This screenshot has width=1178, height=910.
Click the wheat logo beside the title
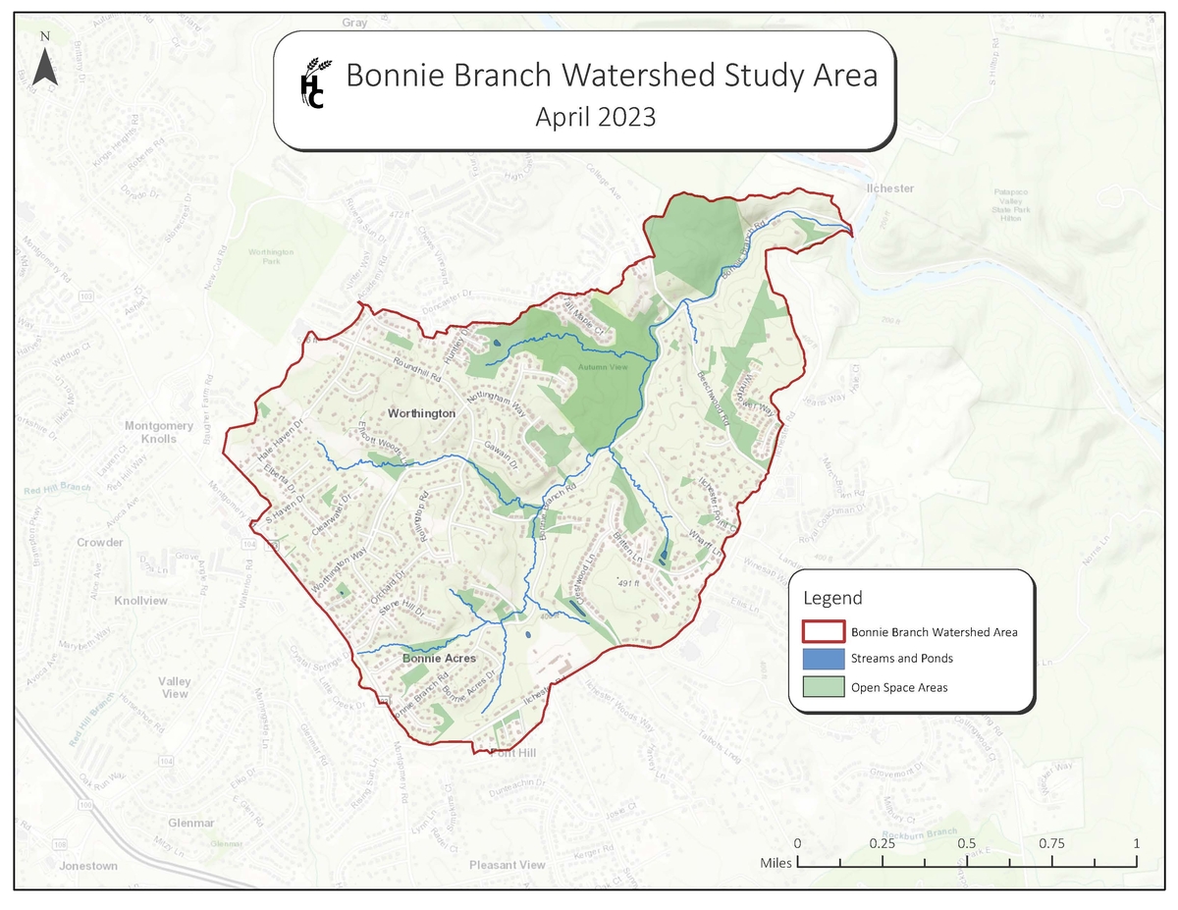click(x=312, y=81)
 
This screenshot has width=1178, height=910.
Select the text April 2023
click(x=595, y=117)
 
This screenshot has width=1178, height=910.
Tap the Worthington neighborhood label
click(x=421, y=413)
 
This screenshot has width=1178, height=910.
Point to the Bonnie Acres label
click(x=439, y=658)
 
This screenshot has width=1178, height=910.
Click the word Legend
click(x=832, y=598)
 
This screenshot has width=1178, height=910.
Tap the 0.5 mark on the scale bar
click(x=967, y=844)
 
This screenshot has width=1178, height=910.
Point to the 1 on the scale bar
click(x=1136, y=844)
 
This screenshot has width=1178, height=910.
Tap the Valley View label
click(x=175, y=687)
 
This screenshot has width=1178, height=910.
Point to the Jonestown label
click(x=88, y=866)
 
